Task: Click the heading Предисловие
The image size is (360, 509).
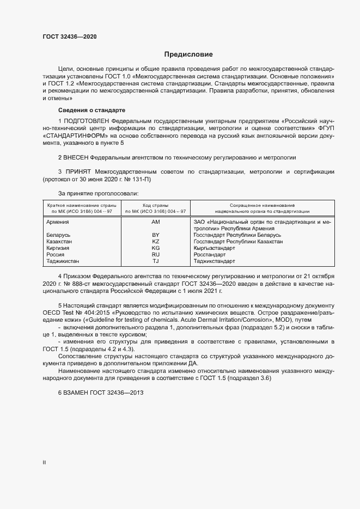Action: point(188,54)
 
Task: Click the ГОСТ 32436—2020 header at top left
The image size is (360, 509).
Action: point(70,36)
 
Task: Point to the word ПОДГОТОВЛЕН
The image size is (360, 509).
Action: point(87,120)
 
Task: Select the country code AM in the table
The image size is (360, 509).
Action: point(155,222)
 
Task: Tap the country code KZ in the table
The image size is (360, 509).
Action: point(155,241)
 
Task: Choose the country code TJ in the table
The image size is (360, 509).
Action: point(155,261)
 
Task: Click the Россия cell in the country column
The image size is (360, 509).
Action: point(56,254)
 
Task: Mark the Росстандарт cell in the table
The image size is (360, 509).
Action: point(210,254)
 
